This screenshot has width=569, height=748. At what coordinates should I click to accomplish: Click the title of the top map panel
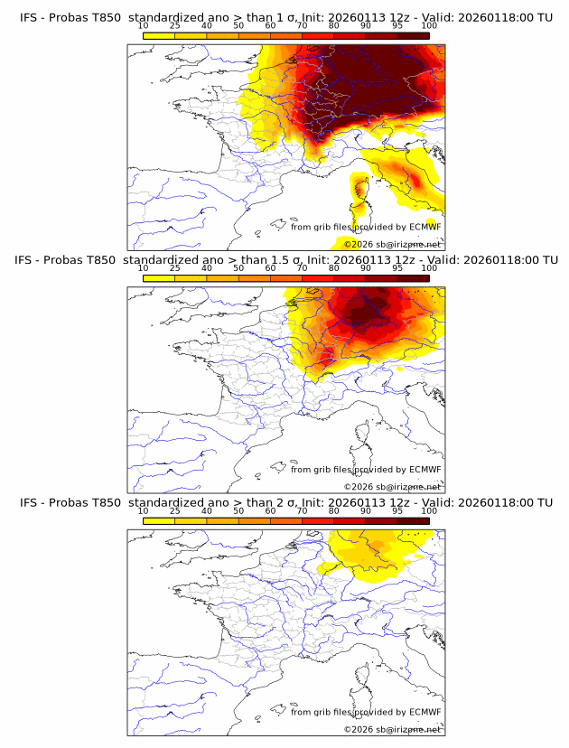(x=285, y=17)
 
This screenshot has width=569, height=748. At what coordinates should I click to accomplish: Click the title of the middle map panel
(x=285, y=260)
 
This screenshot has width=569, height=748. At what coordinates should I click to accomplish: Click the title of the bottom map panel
(x=285, y=502)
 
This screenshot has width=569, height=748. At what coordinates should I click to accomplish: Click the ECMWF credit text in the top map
(x=366, y=227)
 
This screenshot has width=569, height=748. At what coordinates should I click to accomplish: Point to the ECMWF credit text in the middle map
(x=366, y=470)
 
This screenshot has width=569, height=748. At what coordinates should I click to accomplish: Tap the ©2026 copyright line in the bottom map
(x=393, y=729)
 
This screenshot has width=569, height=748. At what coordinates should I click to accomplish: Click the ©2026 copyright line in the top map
(x=393, y=244)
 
